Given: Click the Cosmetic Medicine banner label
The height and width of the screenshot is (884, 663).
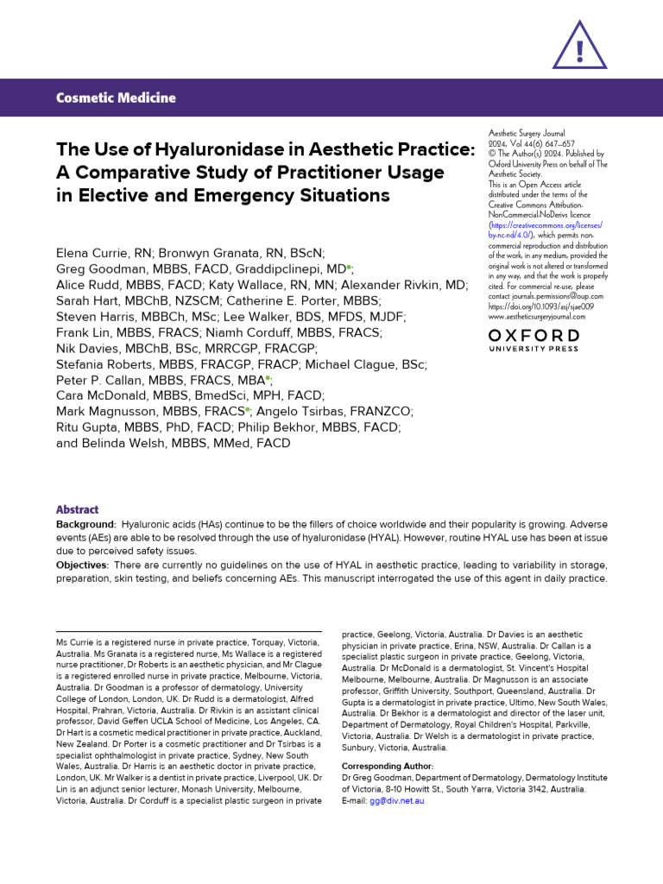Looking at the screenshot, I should click(116, 98).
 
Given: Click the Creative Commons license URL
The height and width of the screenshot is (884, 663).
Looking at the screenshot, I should click(545, 229).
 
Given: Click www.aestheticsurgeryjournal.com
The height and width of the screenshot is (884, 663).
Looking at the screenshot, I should click(536, 316).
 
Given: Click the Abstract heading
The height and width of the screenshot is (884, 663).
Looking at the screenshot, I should click(77, 509).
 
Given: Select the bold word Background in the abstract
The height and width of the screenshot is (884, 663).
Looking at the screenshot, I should click(85, 525).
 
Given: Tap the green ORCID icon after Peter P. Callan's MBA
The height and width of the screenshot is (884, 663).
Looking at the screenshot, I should click(268, 379).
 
